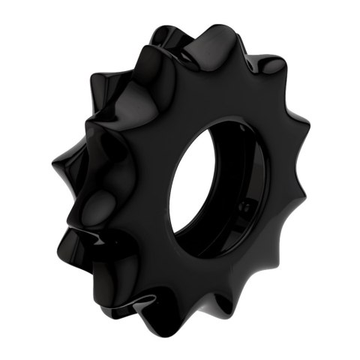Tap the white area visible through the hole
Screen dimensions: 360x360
[x=202, y=187]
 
